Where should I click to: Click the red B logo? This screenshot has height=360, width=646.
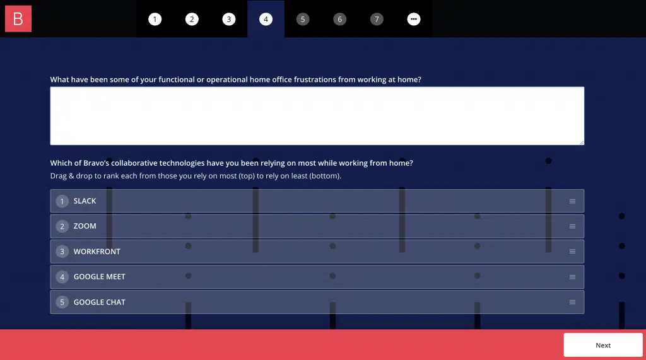coord(18,18)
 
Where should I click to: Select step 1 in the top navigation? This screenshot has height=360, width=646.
coord(155,19)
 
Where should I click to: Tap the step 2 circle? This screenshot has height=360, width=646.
coord(192,19)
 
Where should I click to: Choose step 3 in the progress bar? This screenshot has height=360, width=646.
coord(229,19)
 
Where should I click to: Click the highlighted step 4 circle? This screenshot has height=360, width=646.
coord(266,19)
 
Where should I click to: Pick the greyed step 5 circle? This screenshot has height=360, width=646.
coord(303,19)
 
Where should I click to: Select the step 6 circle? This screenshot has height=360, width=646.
coord(340,19)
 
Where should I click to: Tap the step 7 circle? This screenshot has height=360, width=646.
coord(377,19)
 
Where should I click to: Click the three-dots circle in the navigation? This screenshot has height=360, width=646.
coord(414,19)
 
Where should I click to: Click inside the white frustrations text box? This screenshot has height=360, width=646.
coord(317,116)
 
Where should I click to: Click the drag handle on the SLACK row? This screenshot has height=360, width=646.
coord(572,201)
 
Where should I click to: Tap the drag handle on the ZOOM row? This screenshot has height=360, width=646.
coord(572,226)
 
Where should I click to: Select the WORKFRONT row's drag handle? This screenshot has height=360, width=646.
coord(572,252)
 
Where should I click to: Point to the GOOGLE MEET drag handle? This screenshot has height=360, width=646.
coord(572,277)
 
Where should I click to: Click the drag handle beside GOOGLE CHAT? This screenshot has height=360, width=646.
coord(572,302)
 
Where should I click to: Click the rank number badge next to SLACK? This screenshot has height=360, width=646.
coord(62,201)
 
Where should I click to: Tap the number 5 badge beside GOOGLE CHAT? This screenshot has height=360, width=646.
coord(62,302)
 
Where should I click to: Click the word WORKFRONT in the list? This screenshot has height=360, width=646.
coord(97,252)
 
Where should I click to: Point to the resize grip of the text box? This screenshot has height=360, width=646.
coord(581,142)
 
